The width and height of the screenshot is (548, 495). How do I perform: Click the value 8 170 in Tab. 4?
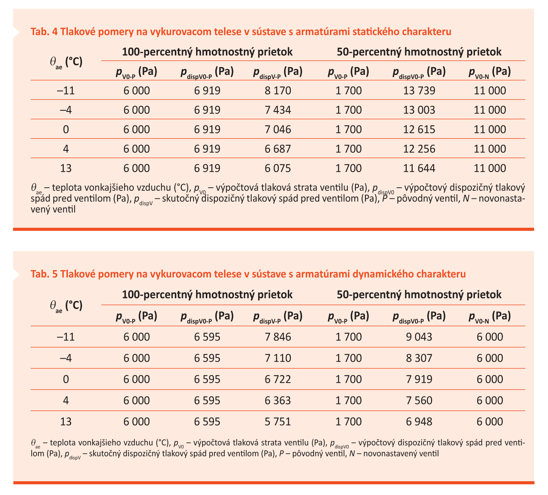(x=278, y=91)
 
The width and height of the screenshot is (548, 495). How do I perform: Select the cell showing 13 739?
(x=419, y=91)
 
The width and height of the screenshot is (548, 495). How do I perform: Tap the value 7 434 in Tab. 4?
(x=278, y=110)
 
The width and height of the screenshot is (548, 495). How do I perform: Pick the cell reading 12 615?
(x=419, y=129)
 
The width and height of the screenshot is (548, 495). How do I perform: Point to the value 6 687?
(x=278, y=149)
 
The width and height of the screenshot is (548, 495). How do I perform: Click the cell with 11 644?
(x=419, y=168)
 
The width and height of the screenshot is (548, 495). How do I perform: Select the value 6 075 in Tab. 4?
(x=278, y=168)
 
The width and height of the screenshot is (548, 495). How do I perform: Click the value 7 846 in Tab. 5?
(x=278, y=337)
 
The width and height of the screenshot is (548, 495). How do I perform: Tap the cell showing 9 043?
(x=419, y=337)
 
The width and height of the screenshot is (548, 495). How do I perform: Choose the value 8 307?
(x=419, y=358)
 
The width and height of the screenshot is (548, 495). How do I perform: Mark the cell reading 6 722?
(x=278, y=379)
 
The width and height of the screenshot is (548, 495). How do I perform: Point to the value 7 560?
(x=419, y=400)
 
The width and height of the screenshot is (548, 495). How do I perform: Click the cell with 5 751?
(x=278, y=422)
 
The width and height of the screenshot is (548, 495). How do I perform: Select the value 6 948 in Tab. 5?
(x=419, y=422)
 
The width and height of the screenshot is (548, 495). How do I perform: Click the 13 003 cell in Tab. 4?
(x=419, y=110)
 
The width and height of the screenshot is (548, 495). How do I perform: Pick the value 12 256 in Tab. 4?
(x=419, y=149)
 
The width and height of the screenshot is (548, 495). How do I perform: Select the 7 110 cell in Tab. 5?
(x=278, y=358)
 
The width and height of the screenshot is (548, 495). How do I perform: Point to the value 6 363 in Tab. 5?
(x=278, y=400)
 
